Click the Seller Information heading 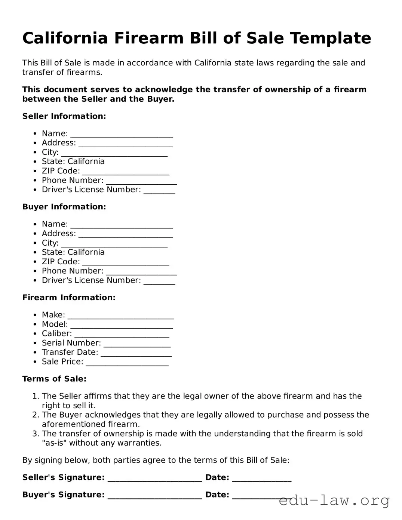point(64,116)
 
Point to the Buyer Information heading point(64,207)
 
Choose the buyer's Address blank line point(126,234)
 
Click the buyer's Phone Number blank point(141,272)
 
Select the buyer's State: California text point(73,252)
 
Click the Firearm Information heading point(69,298)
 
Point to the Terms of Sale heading point(54,379)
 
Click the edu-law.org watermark point(334,500)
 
